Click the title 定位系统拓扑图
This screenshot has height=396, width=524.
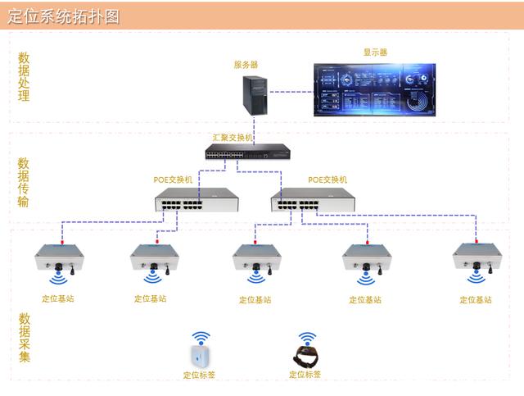click(x=63, y=16)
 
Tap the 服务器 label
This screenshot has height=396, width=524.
click(x=246, y=64)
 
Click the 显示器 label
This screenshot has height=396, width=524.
click(x=375, y=52)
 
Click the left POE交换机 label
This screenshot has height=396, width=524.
click(x=173, y=180)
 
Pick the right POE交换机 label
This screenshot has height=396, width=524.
click(x=327, y=180)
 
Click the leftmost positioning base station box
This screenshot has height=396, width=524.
click(x=59, y=261)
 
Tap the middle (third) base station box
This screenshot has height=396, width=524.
click(x=256, y=261)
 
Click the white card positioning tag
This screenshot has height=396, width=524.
click(x=201, y=357)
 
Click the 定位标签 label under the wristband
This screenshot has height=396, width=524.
click(x=305, y=376)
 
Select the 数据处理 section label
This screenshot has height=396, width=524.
click(x=24, y=77)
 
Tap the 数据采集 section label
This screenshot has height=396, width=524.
click(x=25, y=336)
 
